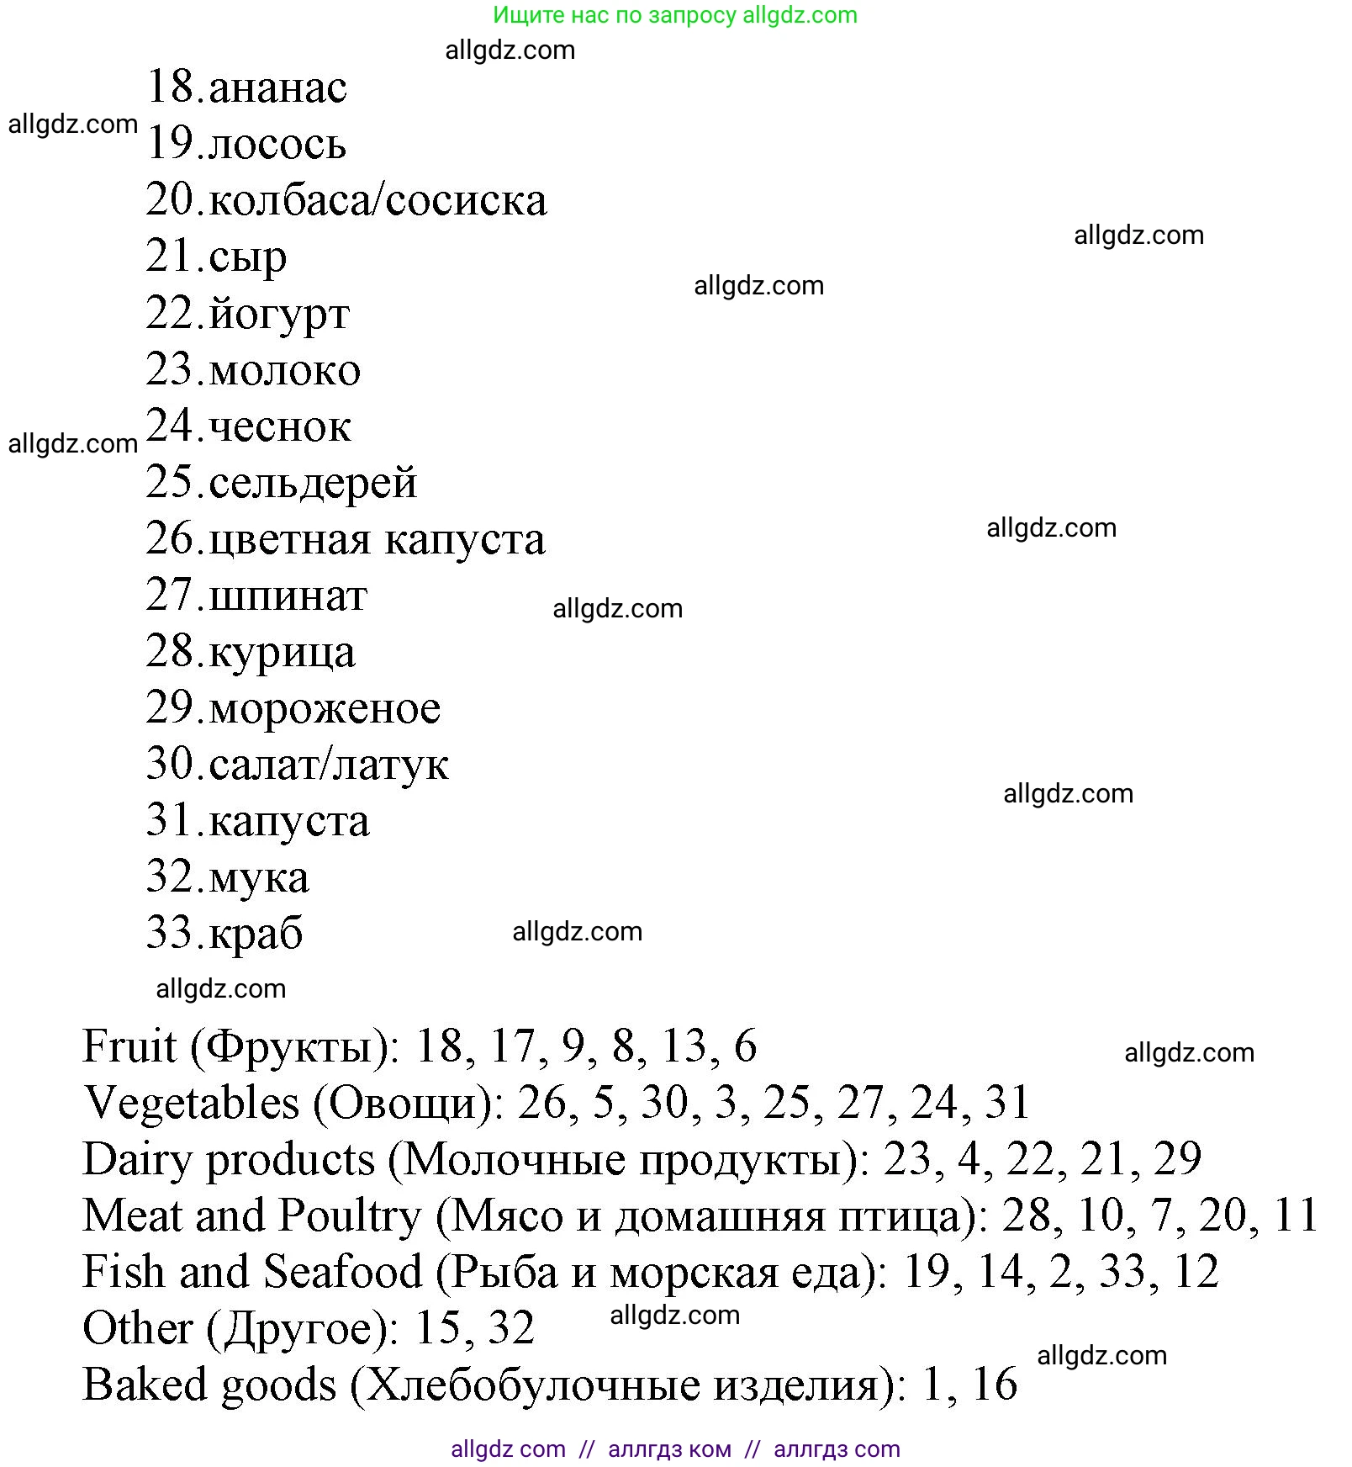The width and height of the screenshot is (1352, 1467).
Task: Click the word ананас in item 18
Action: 277,88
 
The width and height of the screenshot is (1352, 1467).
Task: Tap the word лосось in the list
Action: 277,145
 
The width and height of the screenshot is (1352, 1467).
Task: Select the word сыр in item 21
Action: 248,257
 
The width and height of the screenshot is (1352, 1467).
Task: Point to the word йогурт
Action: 279,315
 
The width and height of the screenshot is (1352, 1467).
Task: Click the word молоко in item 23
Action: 285,371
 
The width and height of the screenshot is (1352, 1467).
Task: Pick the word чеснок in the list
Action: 280,427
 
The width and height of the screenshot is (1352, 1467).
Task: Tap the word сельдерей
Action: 313,484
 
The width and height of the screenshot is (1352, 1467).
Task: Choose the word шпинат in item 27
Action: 288,596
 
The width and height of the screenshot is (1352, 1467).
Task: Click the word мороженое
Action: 325,709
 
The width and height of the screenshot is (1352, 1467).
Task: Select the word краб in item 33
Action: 256,935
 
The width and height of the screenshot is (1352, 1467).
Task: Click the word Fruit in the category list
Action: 129,1047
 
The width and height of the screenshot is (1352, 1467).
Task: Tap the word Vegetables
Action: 192,1104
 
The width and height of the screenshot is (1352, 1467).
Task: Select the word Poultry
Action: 350,1216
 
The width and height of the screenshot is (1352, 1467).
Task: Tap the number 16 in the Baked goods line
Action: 994,1385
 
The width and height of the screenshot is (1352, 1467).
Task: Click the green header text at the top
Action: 675,15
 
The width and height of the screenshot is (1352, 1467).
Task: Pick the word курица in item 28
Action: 282,654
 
